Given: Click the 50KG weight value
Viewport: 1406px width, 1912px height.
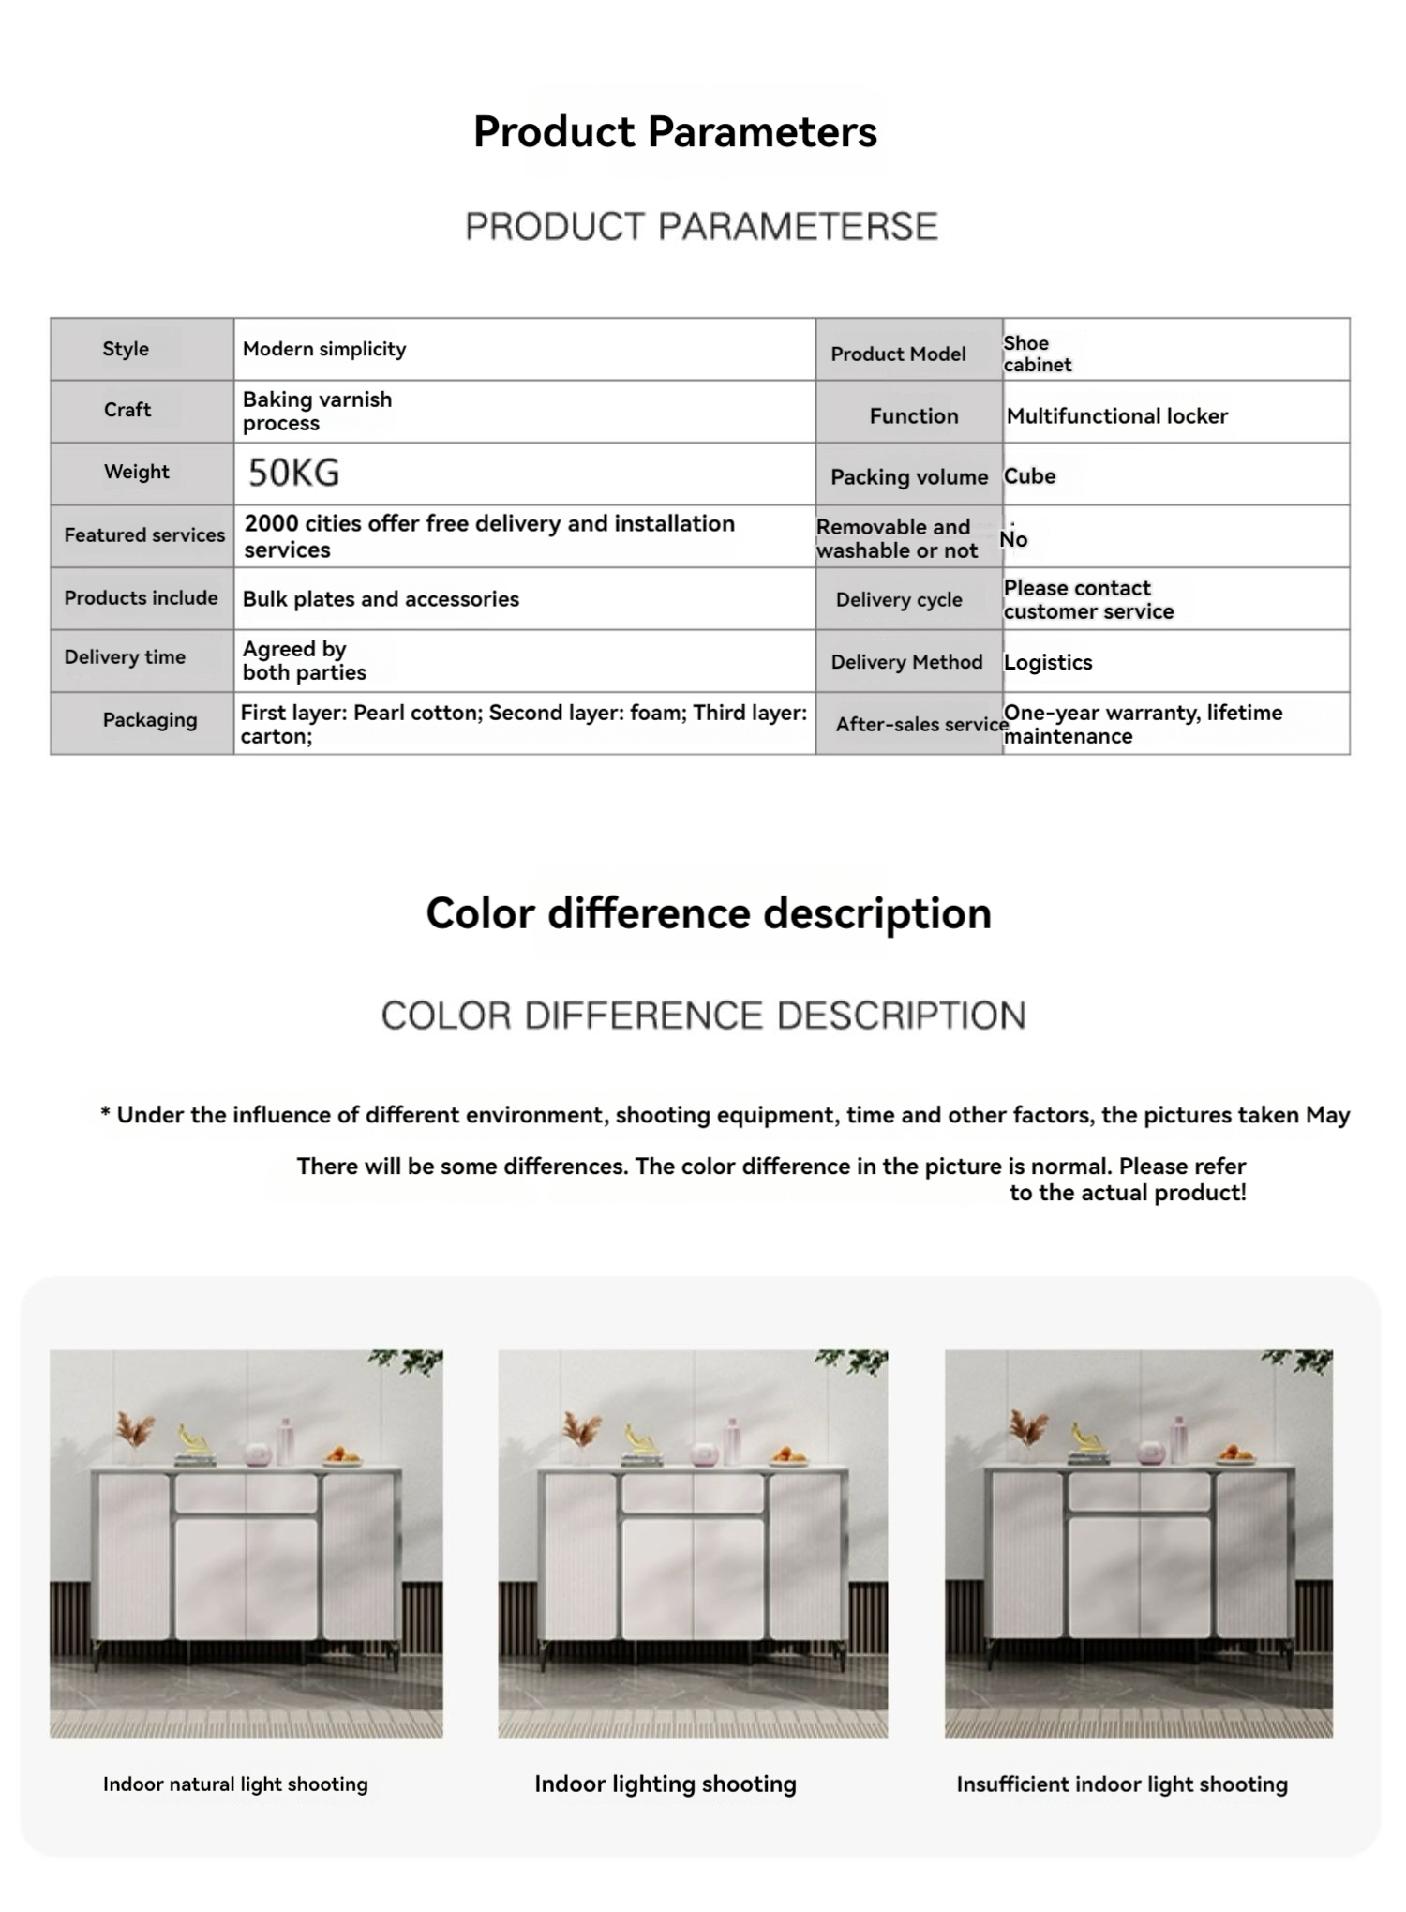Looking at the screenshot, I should tap(293, 473).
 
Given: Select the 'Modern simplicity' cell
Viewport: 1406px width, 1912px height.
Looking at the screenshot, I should tap(324, 349).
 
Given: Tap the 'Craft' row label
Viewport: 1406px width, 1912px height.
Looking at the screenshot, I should tap(127, 410).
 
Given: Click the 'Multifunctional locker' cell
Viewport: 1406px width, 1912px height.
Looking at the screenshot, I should tap(1116, 415).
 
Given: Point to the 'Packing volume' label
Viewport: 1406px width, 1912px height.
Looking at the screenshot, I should tap(908, 477).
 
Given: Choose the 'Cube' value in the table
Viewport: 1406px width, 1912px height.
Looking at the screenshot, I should tap(1029, 476).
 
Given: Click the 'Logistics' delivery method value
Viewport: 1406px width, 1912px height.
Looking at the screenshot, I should tap(1047, 662).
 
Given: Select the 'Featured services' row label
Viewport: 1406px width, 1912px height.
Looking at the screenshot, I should tap(144, 534).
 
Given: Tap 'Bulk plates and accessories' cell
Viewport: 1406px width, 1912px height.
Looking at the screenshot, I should tap(381, 599).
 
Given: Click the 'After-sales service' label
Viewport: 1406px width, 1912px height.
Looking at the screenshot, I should tap(921, 724).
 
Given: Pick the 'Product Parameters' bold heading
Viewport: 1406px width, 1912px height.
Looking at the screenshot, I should tap(675, 131).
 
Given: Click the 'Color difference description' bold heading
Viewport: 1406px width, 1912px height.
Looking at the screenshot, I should tap(709, 913).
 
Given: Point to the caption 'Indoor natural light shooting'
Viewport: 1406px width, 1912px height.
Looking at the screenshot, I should tap(235, 1784).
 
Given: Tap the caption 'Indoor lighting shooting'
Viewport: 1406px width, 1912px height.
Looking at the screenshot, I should tap(666, 1784).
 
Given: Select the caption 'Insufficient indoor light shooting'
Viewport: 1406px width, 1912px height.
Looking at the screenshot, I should tap(1122, 1784).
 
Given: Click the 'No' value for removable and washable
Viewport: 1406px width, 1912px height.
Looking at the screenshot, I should tap(1013, 539).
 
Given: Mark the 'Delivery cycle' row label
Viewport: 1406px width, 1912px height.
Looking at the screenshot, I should tap(899, 600).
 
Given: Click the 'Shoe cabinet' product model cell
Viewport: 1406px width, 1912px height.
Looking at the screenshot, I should tap(1037, 354).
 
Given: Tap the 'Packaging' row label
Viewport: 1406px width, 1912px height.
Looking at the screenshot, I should tap(150, 720).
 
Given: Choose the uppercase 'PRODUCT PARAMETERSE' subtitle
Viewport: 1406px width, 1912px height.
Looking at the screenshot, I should tap(701, 227).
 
